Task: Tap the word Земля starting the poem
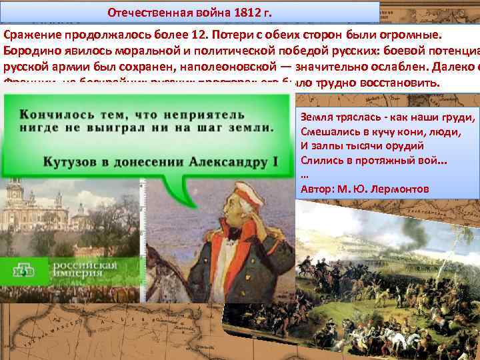[x=317, y=118]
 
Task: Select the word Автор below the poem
[x=316, y=189]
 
